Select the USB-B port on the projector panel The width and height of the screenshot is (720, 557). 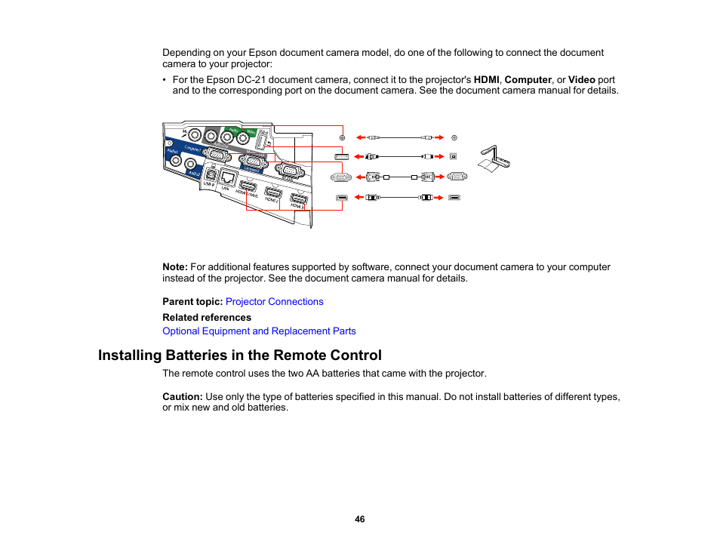click(209, 174)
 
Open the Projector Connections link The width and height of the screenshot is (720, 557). click(274, 302)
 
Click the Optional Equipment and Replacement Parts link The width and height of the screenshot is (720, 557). click(259, 331)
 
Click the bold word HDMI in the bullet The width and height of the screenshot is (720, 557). click(486, 79)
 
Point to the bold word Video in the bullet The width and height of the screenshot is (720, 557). click(582, 79)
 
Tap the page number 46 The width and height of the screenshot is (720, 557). click(360, 519)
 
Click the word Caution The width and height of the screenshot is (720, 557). click(182, 396)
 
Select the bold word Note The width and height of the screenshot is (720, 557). click(174, 267)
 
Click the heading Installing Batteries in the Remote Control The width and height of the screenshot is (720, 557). click(240, 355)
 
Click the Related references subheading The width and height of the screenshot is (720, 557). click(207, 318)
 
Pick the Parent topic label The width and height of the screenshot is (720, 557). click(192, 302)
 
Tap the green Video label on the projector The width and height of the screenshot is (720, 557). click(249, 131)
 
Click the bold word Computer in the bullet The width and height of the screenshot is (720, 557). click(528, 79)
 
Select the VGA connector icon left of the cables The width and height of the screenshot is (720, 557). click(340, 177)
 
